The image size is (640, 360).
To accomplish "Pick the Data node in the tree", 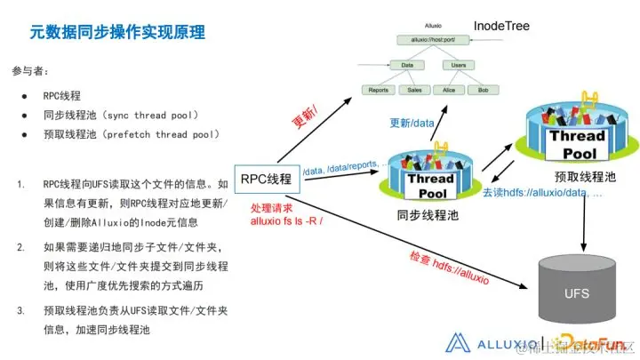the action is coord(406,64).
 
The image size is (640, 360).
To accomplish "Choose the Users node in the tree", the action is coord(460,64).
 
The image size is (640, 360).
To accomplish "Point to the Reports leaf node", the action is coord(377,90).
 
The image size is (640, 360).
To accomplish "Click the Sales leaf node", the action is coord(412,90).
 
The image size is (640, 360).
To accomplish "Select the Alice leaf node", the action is coord(448,90).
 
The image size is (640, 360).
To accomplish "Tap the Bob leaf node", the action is coord(483,90).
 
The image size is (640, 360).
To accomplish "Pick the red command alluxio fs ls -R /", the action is coord(287,220).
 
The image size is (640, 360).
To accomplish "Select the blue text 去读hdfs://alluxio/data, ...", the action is coord(541,192).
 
